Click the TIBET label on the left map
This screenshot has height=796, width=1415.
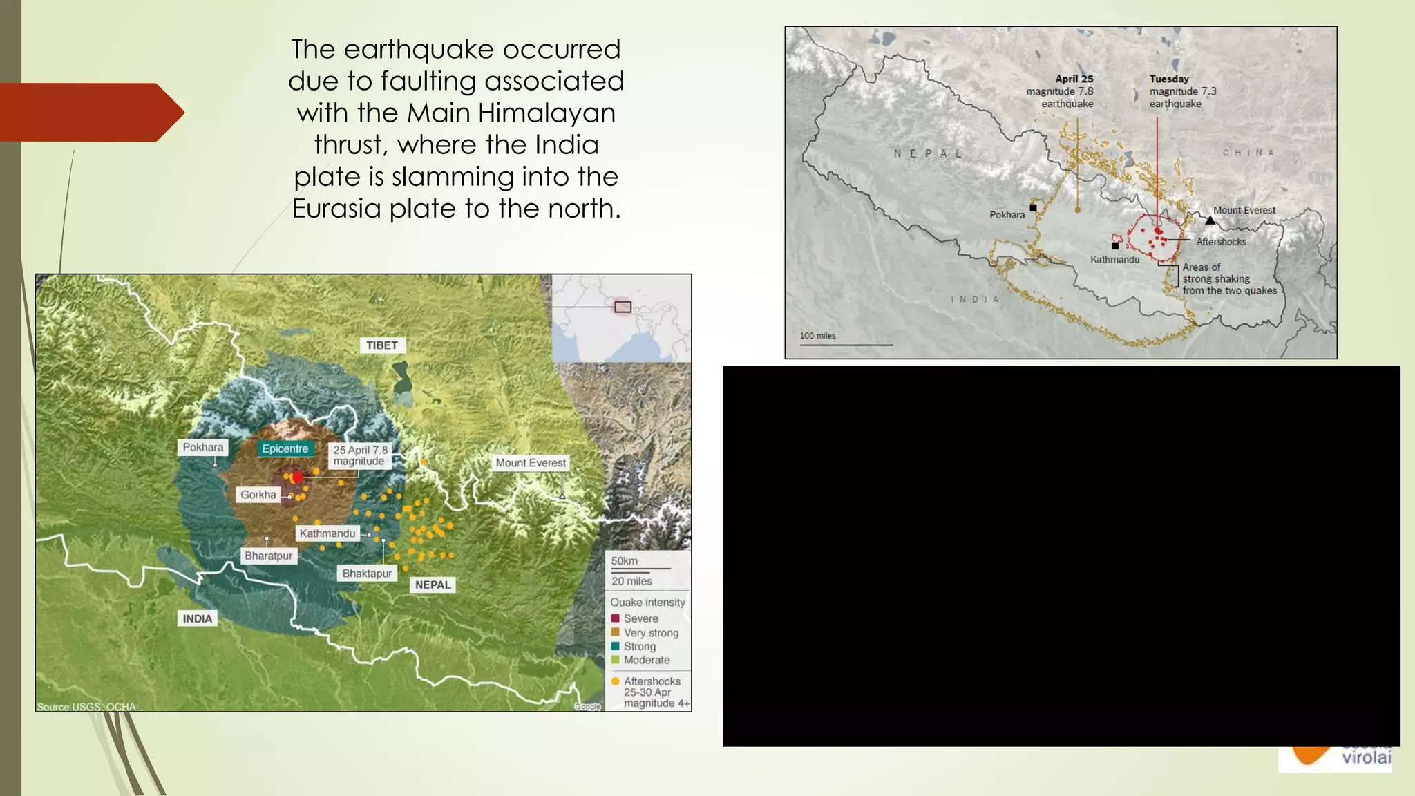382,345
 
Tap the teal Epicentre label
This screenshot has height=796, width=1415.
285,448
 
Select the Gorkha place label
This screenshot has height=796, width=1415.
258,495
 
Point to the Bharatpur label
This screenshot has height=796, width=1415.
269,556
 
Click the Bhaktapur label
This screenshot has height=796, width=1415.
367,573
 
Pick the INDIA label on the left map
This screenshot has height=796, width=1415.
198,618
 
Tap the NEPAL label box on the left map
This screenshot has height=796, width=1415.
433,585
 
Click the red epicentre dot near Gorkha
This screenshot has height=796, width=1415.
298,477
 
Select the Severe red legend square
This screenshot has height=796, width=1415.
615,618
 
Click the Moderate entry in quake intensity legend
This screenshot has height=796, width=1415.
646,660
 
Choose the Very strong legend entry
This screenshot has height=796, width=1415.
651,632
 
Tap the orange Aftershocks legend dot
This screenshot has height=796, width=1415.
615,681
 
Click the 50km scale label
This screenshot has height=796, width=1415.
625,561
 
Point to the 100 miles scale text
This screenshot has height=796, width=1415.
817,336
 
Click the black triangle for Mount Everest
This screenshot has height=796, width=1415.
1210,220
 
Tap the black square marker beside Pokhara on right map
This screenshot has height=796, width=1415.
1034,207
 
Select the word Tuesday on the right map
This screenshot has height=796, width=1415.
1169,79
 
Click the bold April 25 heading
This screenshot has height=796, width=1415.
1074,79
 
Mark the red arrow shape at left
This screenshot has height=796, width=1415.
90,112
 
